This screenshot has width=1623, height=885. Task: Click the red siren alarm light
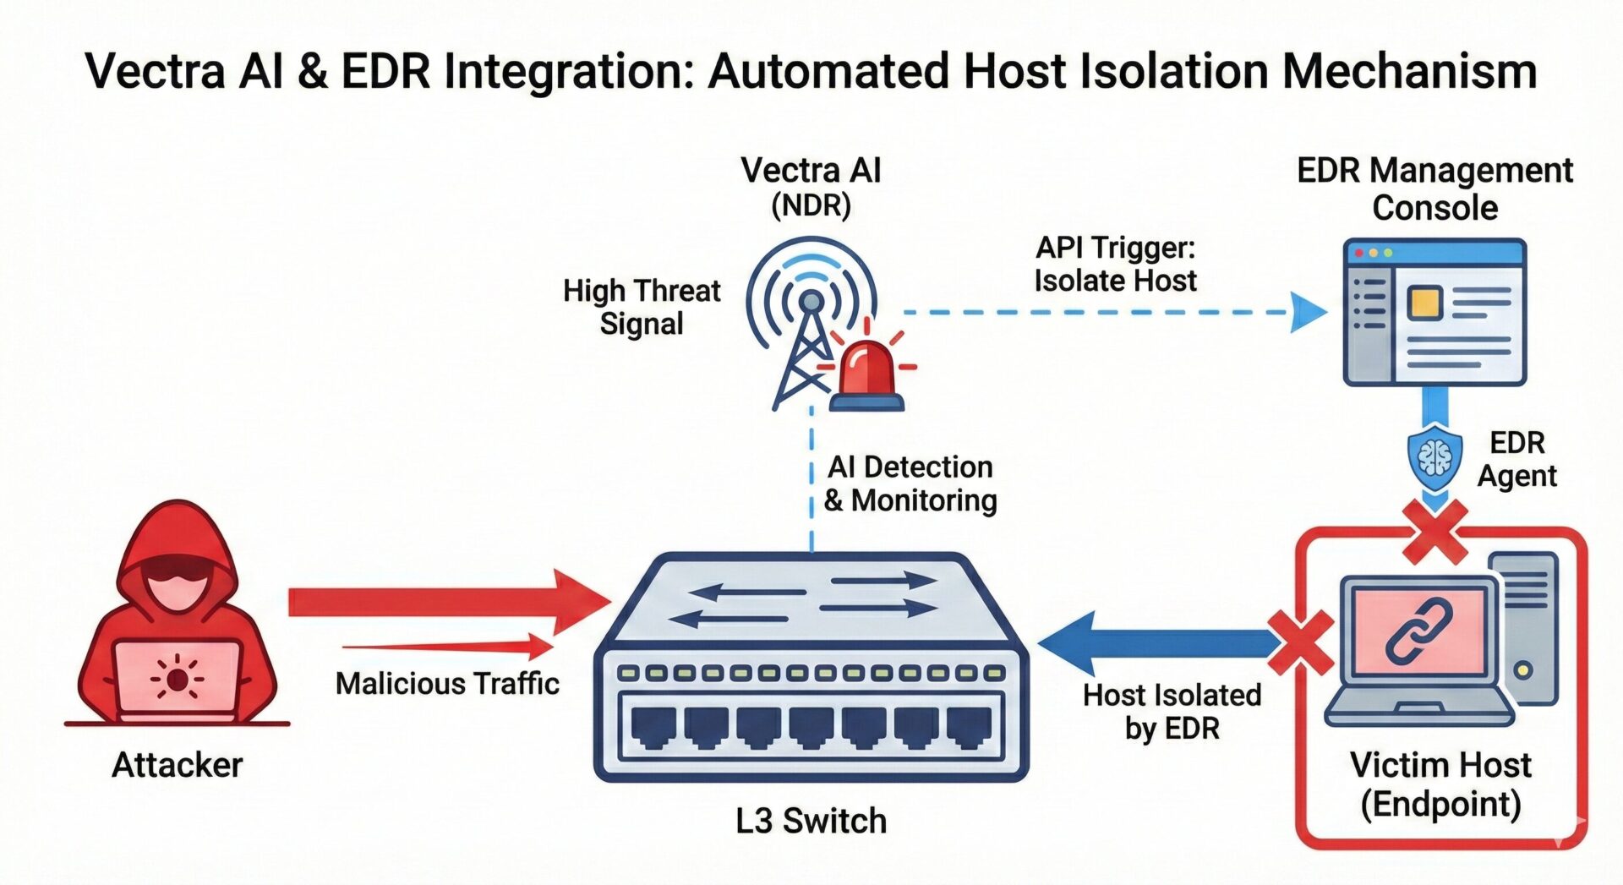(866, 372)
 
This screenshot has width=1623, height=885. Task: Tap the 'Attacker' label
(178, 765)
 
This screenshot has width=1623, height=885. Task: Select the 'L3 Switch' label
(811, 821)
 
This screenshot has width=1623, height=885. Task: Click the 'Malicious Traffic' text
(447, 683)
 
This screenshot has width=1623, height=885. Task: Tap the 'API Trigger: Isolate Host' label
(1116, 264)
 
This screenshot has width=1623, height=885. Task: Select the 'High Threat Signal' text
(642, 307)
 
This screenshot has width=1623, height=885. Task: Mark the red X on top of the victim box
(1434, 532)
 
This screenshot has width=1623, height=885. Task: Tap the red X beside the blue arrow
(1301, 642)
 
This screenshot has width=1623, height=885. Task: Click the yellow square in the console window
(1424, 302)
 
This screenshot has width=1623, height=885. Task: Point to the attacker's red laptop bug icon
(177, 678)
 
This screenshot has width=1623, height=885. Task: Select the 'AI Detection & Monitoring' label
(910, 483)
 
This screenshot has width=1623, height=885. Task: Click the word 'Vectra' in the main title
(156, 71)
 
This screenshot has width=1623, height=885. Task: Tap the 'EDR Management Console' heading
(1434, 188)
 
